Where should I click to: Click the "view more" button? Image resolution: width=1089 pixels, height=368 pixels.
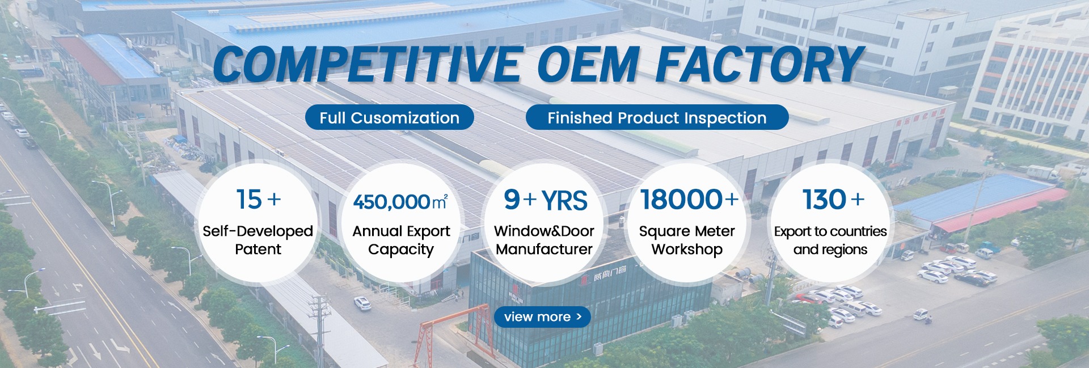tap(542, 317)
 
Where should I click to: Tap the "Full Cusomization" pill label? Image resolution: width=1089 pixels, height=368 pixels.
tap(389, 117)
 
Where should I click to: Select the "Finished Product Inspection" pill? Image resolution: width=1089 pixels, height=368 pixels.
tap(657, 117)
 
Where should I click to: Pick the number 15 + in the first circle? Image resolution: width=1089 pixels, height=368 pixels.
tap(258, 200)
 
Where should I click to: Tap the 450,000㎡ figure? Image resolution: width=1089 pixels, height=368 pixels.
tap(400, 202)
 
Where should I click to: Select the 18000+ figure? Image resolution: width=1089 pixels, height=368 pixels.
tap(689, 200)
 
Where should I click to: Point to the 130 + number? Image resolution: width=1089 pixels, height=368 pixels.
tap(833, 200)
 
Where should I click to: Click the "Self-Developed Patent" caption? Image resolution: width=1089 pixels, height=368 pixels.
tap(258, 240)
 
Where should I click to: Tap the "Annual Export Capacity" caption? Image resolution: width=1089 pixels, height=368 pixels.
tap(401, 240)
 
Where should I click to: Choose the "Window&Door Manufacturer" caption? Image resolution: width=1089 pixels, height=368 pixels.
tap(544, 240)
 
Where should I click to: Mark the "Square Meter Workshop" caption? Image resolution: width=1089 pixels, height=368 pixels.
tap(687, 240)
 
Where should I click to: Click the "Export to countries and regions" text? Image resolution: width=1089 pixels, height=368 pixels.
tap(830, 240)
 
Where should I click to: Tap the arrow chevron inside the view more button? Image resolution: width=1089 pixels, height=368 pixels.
tap(579, 316)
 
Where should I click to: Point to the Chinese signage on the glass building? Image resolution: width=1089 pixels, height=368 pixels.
tap(609, 278)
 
